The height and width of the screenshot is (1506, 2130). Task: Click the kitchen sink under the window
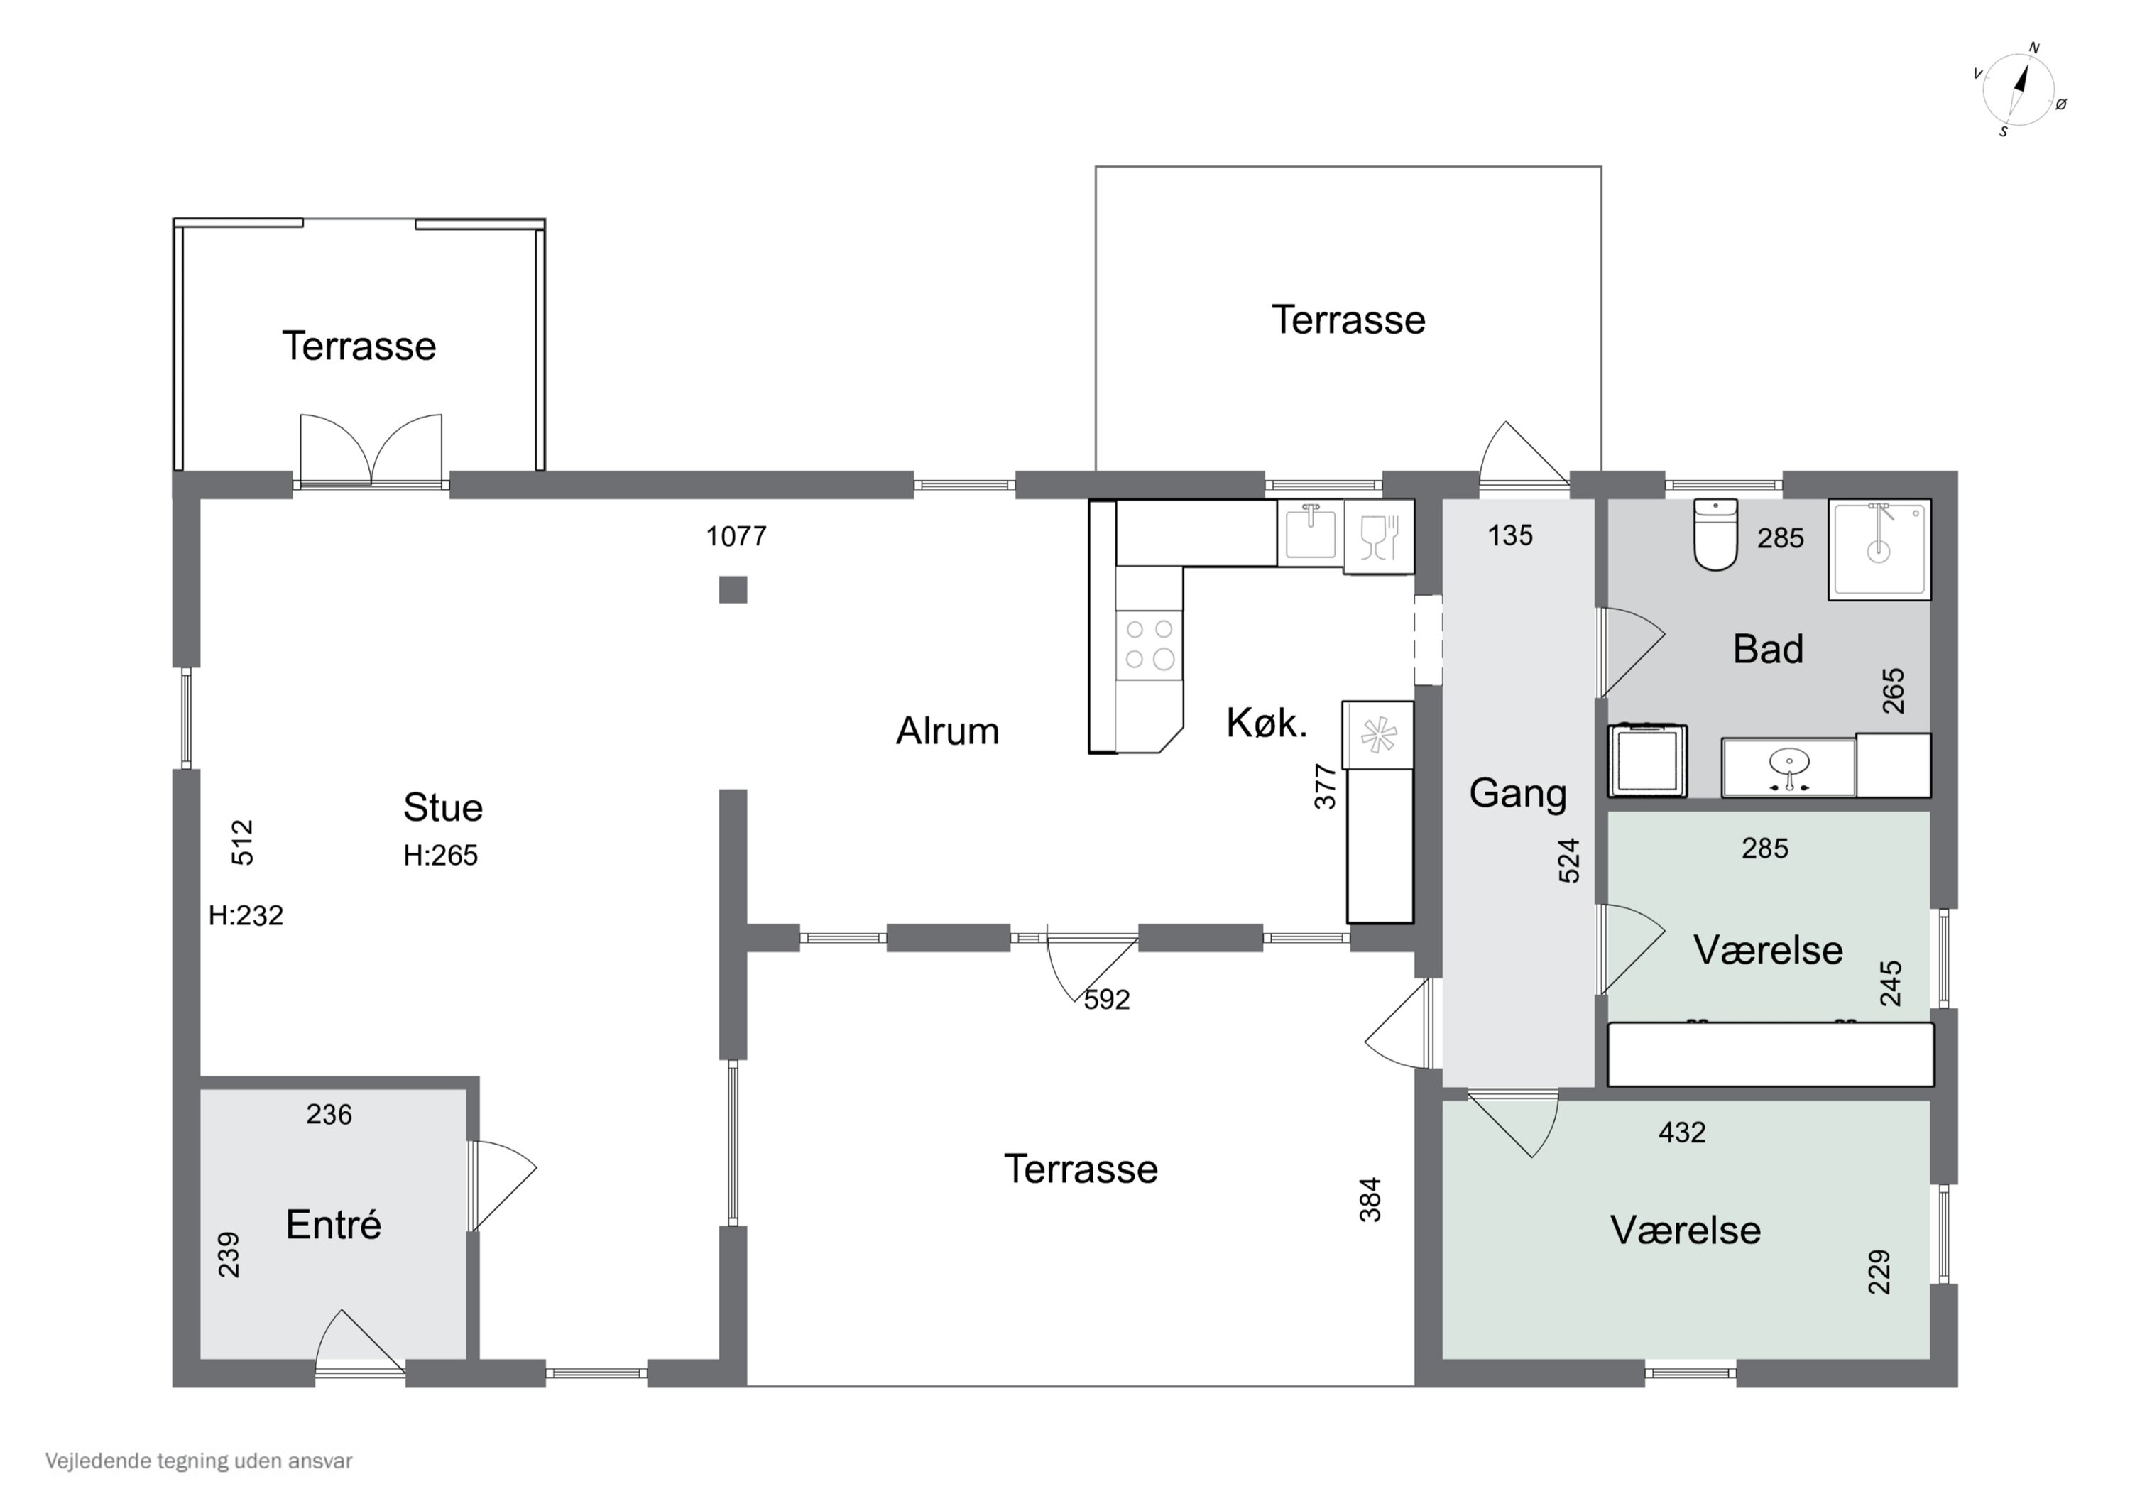(1310, 532)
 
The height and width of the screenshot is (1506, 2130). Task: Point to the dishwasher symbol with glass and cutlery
(1379, 536)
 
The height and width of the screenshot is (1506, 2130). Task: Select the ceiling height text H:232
(246, 915)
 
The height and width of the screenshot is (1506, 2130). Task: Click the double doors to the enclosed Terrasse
(371, 450)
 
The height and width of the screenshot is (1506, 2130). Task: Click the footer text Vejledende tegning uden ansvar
(199, 1461)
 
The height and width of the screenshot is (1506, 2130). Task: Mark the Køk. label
(1267, 723)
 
